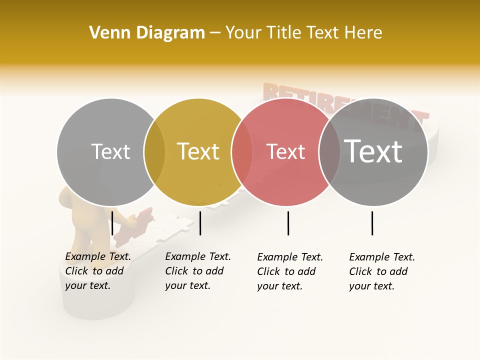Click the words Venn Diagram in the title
147,33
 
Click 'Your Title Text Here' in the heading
303,33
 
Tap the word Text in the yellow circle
198,151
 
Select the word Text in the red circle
285,151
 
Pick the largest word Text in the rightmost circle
373,151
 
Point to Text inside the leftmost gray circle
110,151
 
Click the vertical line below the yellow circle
200,223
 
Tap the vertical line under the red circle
288,223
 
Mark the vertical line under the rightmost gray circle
372,223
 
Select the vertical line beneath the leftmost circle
112,223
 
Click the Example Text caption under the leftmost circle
98,271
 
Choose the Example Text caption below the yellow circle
198,271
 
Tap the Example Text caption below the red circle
290,271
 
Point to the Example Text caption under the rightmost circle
382,271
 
